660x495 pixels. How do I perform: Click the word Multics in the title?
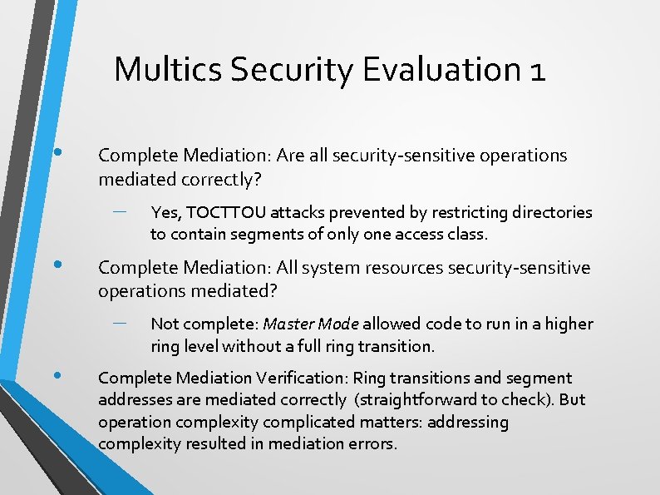tap(169, 69)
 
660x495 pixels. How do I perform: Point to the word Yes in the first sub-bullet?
tap(163, 213)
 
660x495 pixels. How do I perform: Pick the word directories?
tap(550, 213)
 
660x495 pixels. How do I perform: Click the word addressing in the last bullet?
tap(468, 422)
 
